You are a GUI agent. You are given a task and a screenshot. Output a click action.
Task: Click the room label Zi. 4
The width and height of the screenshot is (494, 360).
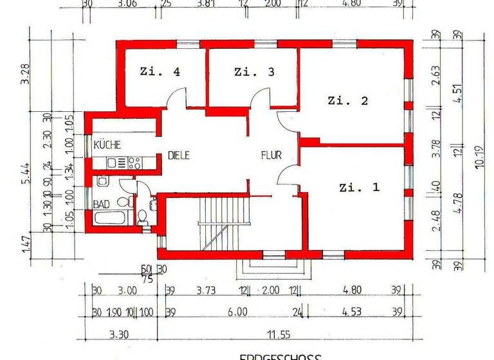point(160,72)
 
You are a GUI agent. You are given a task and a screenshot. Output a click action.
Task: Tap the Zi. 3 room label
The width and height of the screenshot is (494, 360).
point(254,72)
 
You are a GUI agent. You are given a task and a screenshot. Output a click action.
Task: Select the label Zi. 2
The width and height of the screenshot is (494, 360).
point(347,100)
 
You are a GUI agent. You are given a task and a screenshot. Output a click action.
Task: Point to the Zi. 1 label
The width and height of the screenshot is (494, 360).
point(359,188)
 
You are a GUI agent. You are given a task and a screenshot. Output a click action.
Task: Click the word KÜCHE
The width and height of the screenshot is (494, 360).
point(107,145)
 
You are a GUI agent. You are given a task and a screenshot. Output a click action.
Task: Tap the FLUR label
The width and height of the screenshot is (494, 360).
point(271,155)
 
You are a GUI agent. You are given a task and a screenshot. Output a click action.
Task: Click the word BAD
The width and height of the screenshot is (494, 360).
point(102,204)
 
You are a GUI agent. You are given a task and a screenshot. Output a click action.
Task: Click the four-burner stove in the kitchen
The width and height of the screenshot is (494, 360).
point(134,163)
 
